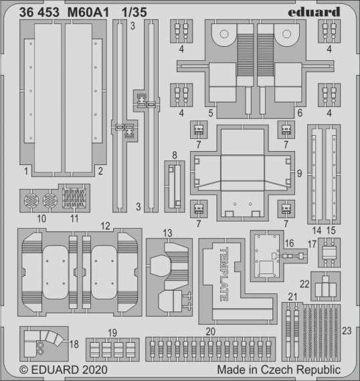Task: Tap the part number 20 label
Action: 210,332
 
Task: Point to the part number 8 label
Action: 174,155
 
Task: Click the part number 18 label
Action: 74,344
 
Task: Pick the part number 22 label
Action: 304,283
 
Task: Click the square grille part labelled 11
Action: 74,199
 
